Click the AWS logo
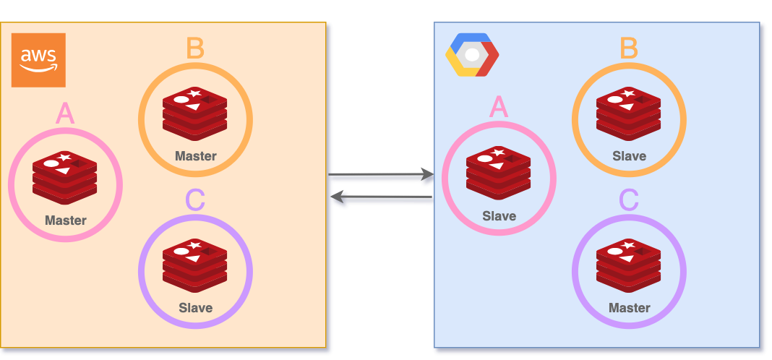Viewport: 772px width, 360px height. tap(38, 60)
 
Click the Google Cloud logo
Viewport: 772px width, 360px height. tap(472, 55)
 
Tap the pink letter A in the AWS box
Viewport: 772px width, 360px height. tap(65, 113)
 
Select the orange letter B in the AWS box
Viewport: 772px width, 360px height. tap(195, 49)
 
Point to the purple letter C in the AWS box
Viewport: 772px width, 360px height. tap(195, 200)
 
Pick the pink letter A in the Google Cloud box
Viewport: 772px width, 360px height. tap(499, 108)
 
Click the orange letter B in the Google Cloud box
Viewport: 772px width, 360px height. tap(629, 49)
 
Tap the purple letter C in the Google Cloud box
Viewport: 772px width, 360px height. tap(629, 200)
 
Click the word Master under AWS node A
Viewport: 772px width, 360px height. tap(65, 220)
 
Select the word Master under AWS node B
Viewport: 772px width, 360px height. tap(195, 156)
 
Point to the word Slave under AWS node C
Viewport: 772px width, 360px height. tap(195, 308)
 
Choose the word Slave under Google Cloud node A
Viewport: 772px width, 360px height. tap(499, 215)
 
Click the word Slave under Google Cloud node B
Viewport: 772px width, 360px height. tap(629, 156)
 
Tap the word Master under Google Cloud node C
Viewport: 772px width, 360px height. tap(629, 308)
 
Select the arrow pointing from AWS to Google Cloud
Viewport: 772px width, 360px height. tap(381, 176)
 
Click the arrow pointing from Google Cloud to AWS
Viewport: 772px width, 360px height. tap(381, 198)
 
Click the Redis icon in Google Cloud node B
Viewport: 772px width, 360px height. tap(629, 113)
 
